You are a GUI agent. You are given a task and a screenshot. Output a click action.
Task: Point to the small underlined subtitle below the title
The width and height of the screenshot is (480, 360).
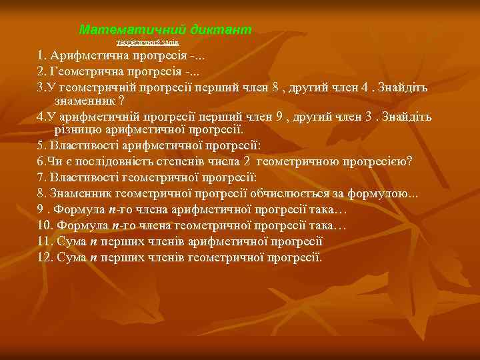click(x=147, y=42)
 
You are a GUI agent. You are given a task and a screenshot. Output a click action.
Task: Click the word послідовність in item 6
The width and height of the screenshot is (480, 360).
click(x=102, y=161)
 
